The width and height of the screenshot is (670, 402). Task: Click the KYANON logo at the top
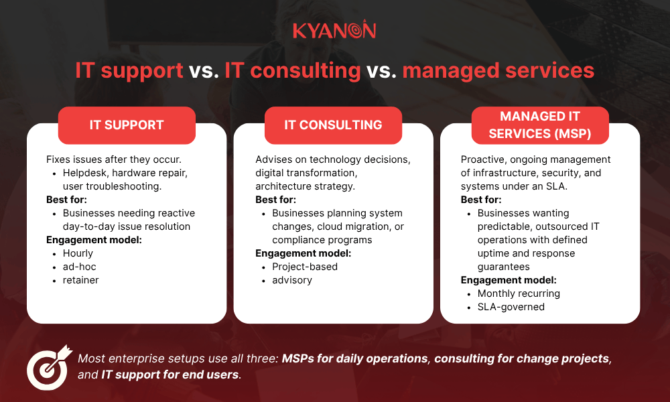(334, 30)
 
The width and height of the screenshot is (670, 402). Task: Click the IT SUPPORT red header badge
(127, 125)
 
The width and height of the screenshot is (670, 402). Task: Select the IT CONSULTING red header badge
(333, 125)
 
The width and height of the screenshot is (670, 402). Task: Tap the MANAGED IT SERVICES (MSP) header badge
(539, 125)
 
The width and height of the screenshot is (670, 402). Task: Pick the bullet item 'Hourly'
(78, 253)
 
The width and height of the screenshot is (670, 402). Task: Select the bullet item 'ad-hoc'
(80, 267)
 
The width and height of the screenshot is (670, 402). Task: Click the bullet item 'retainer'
(80, 280)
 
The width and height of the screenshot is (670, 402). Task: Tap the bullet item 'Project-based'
(304, 267)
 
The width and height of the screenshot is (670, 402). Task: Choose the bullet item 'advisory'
(291, 280)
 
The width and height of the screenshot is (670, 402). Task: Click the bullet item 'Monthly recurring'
(518, 293)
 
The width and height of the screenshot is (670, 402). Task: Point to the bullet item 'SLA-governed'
(511, 307)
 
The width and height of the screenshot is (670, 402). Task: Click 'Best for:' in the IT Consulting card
(275, 200)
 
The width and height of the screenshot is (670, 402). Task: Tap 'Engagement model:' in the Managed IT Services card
(509, 280)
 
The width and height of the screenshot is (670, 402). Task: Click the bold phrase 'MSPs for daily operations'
(354, 358)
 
